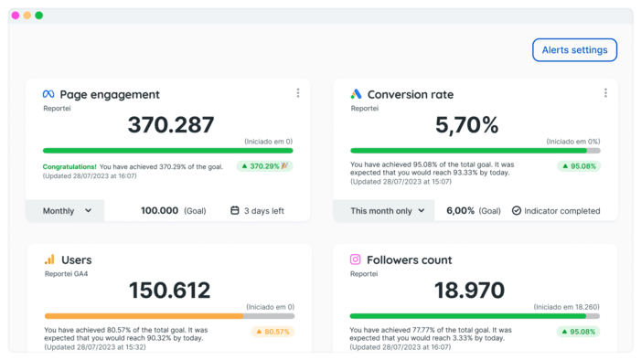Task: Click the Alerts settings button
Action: click(574, 50)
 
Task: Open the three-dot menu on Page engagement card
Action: click(298, 93)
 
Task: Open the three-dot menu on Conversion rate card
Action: click(605, 93)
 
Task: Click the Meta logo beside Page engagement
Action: click(48, 94)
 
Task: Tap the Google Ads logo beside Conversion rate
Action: click(356, 94)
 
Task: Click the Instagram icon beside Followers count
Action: click(356, 259)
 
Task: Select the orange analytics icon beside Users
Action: click(49, 259)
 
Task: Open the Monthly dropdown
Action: click(68, 210)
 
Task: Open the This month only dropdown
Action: click(388, 210)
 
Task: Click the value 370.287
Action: click(170, 125)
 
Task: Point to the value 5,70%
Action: click(466, 125)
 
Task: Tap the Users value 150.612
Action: click(170, 291)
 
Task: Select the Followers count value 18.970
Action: click(469, 291)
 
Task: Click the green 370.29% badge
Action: click(264, 166)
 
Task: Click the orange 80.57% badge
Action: click(272, 332)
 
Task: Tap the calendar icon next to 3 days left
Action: click(235, 210)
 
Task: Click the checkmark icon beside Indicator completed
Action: click(516, 210)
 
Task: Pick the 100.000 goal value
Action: click(159, 210)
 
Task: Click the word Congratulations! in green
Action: click(69, 166)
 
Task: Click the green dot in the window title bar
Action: click(39, 16)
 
